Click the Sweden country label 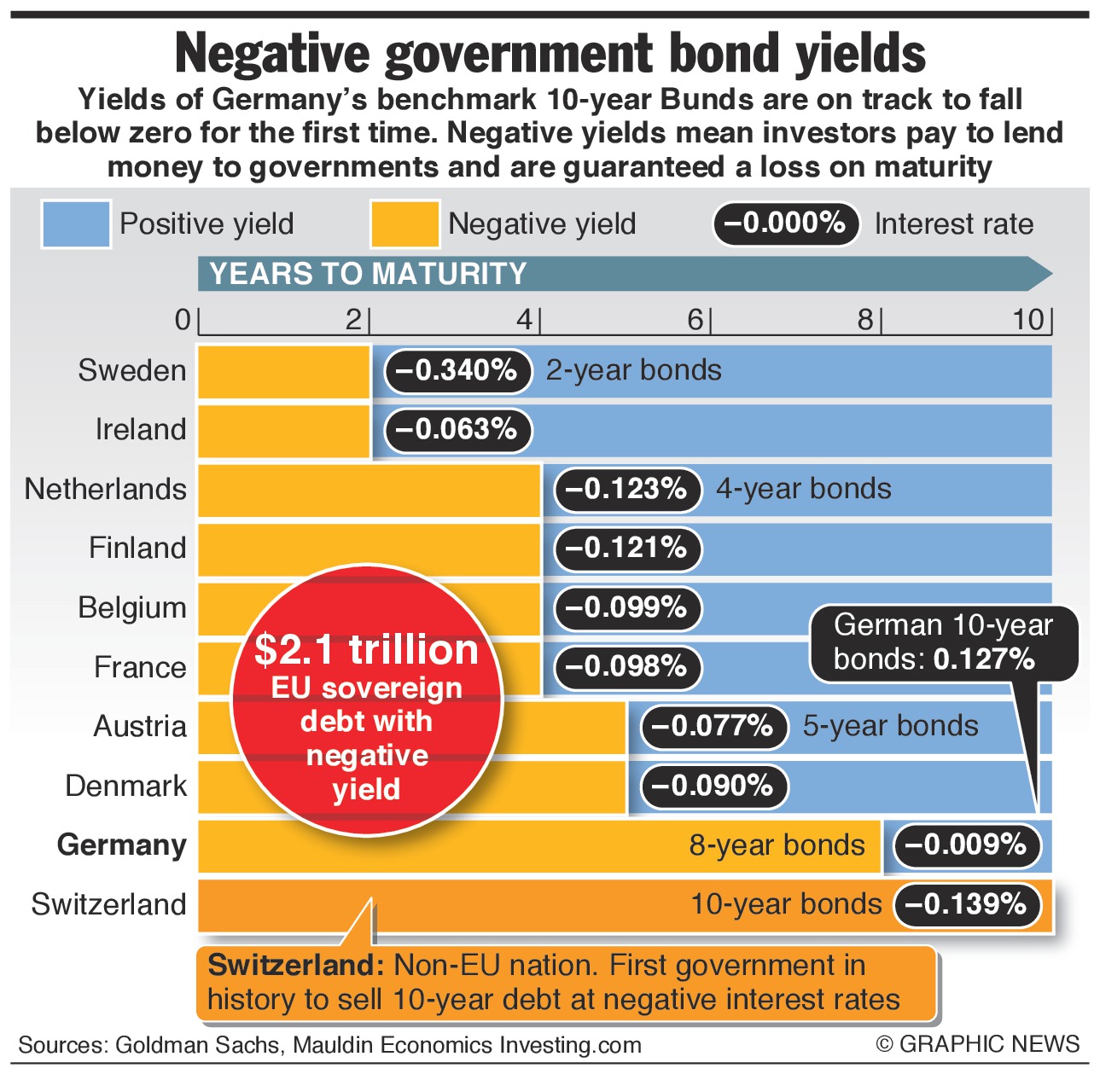[132, 370]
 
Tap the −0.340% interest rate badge [458, 370]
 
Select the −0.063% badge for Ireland [458, 429]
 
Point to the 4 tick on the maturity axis [524, 320]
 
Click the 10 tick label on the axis [1028, 320]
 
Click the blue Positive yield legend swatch [76, 224]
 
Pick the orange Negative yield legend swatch [405, 224]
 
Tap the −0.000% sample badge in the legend [785, 224]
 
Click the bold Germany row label [122, 845]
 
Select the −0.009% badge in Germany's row [967, 845]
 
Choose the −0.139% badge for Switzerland [967, 904]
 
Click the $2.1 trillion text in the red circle [367, 650]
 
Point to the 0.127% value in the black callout [984, 659]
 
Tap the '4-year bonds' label [803, 489]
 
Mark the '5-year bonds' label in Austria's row [890, 725]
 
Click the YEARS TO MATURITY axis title [368, 274]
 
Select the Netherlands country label [106, 489]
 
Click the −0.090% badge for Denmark [714, 786]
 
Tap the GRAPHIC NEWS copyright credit [978, 1044]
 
